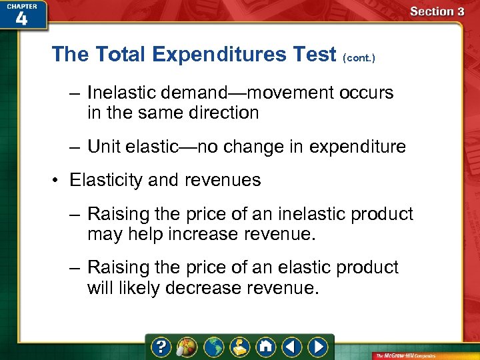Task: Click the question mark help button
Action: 161,347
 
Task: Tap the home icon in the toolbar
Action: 265,347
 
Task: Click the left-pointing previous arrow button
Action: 291,347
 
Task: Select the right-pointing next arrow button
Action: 318,347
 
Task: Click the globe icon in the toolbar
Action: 213,347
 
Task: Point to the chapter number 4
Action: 21,18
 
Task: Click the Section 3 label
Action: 437,11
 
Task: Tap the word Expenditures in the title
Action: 215,54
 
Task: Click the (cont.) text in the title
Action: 359,58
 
